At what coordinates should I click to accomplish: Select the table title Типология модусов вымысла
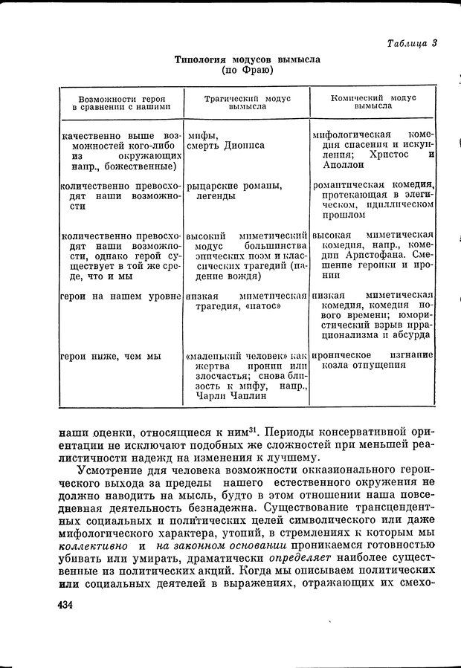(247, 59)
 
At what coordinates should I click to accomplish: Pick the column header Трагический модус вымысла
(248, 102)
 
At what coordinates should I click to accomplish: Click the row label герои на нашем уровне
(121, 296)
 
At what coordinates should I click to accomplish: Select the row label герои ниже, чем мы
(112, 356)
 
